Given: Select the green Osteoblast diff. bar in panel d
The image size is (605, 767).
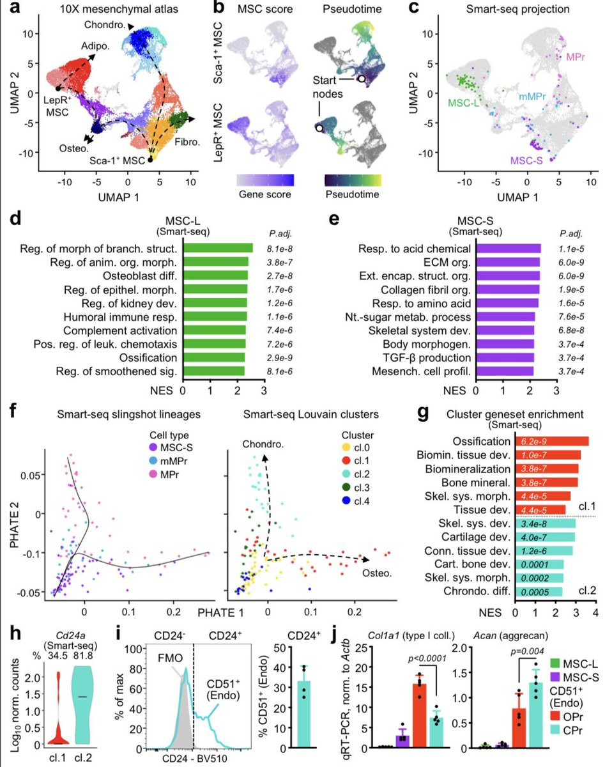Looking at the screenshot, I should coord(215,275).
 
